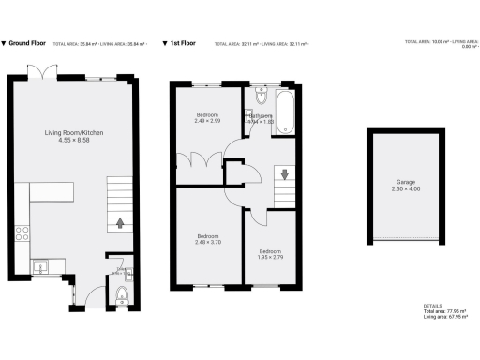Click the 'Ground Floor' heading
27,43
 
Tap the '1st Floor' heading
184,43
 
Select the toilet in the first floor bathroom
260,97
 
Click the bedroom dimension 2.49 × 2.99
208,122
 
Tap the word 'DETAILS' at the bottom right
432,306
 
